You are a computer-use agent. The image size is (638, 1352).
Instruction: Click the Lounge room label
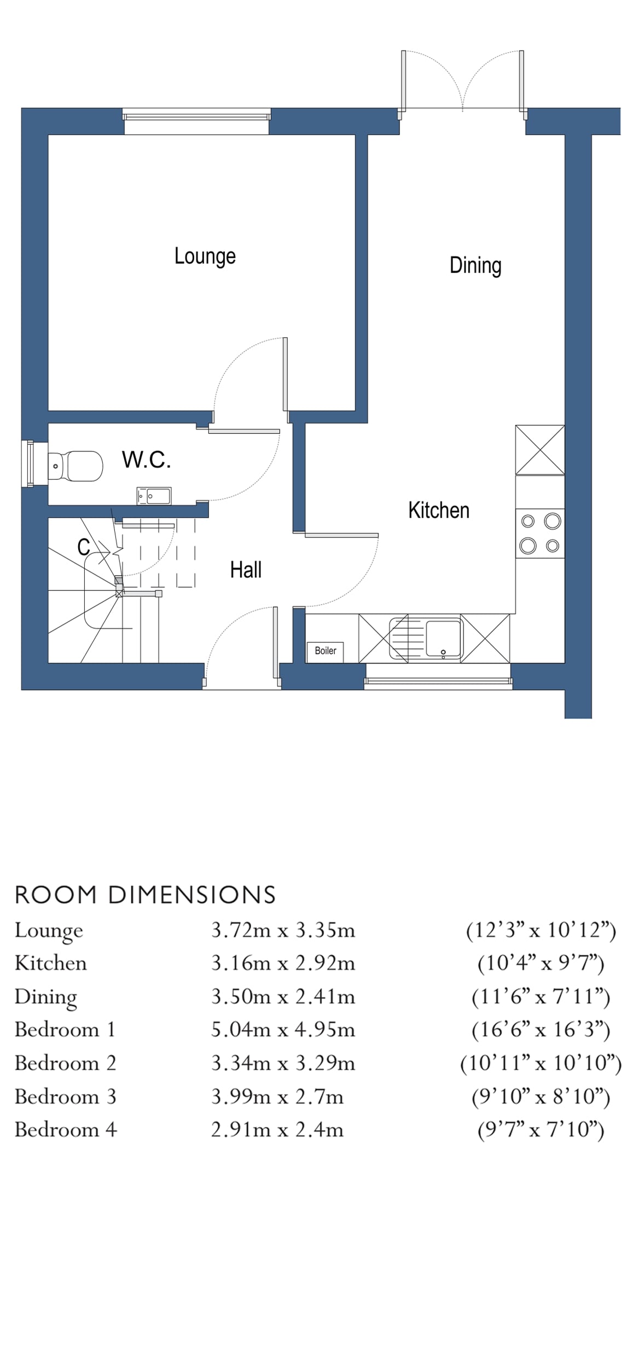coord(205,256)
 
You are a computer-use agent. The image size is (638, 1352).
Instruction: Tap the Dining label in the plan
coord(475,265)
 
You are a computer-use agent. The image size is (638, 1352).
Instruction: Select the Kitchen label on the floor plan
coord(438,510)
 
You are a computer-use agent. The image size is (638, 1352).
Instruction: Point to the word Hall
coord(246,570)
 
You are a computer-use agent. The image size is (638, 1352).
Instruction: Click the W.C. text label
coord(146,460)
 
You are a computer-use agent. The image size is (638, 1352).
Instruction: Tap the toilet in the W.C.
coord(76,466)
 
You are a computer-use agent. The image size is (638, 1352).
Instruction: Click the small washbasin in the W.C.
coord(154,496)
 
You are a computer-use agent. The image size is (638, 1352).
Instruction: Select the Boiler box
coord(325,651)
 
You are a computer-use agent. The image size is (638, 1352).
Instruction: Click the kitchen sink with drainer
coord(426,639)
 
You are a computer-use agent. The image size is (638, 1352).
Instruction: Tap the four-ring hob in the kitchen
coord(540,533)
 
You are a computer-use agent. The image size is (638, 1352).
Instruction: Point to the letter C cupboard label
coord(83,547)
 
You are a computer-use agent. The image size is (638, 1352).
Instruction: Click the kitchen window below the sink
coord(438,681)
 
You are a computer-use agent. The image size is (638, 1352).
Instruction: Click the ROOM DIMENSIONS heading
coord(145,895)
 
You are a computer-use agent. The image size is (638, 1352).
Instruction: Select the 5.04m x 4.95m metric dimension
coord(283,1029)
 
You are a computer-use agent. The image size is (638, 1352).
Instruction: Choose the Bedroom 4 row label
coord(66,1129)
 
